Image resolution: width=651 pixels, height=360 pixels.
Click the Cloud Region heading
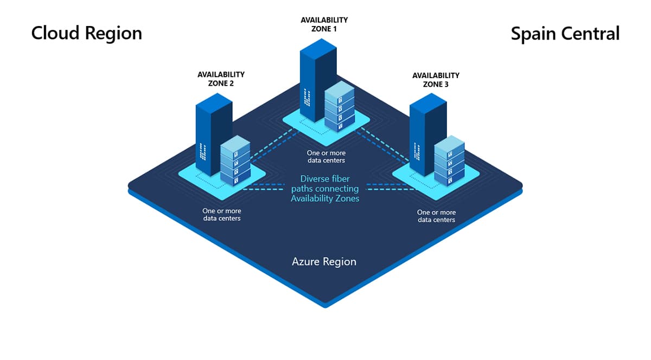[86, 33]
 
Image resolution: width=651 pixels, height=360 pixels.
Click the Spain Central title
[565, 34]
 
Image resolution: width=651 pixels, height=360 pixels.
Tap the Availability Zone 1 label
[324, 24]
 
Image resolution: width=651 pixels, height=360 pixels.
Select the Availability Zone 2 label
[221, 79]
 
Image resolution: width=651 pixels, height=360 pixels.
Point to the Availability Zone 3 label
[436, 80]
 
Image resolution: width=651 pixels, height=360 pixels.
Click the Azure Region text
[324, 261]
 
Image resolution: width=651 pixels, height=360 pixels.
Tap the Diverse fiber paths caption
[324, 188]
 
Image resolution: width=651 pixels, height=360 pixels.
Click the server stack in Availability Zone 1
[339, 107]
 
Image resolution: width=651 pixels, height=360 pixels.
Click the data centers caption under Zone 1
[325, 157]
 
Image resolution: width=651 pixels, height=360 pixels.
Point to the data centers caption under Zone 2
[222, 214]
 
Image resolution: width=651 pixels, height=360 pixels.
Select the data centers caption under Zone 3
[436, 216]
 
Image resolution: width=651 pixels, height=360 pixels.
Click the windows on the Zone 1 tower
[308, 97]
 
